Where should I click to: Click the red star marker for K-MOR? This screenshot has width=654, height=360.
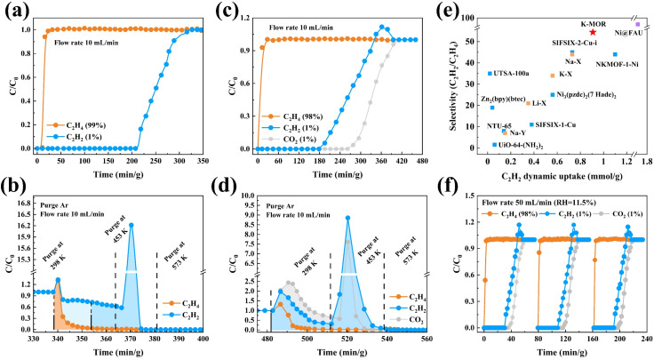(593, 32)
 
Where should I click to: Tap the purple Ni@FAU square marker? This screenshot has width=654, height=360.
(637, 24)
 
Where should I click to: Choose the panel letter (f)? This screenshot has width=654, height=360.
(456, 189)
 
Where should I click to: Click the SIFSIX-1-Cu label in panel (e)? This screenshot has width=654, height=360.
(557, 124)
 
